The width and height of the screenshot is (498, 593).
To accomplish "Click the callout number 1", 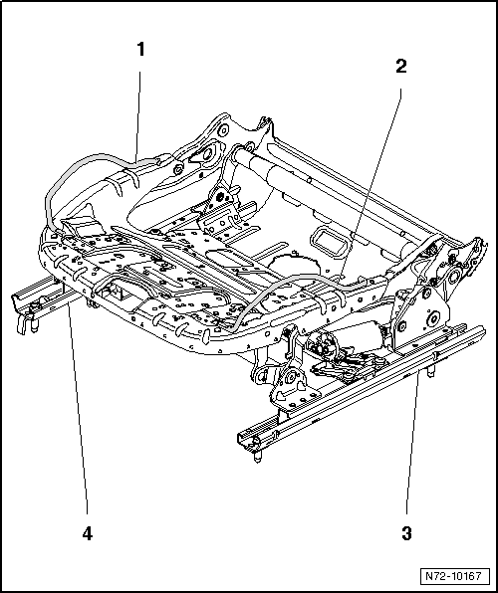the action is coord(140,49).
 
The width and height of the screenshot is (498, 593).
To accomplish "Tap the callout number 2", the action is coord(400,67).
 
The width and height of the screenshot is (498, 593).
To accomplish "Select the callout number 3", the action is coord(406,533).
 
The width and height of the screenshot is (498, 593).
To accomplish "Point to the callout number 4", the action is coord(87,533).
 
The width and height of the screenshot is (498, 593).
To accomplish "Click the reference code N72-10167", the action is coord(454,576).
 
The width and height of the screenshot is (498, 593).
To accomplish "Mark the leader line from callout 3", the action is coord(412,443).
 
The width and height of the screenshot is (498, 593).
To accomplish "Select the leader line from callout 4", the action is coord(78,410).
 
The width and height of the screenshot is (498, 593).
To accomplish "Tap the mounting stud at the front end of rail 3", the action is coord(257,456).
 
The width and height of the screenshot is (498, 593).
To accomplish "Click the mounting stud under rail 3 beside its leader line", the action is coord(430,371).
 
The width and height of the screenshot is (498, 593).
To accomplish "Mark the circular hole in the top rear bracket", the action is coord(224,131).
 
